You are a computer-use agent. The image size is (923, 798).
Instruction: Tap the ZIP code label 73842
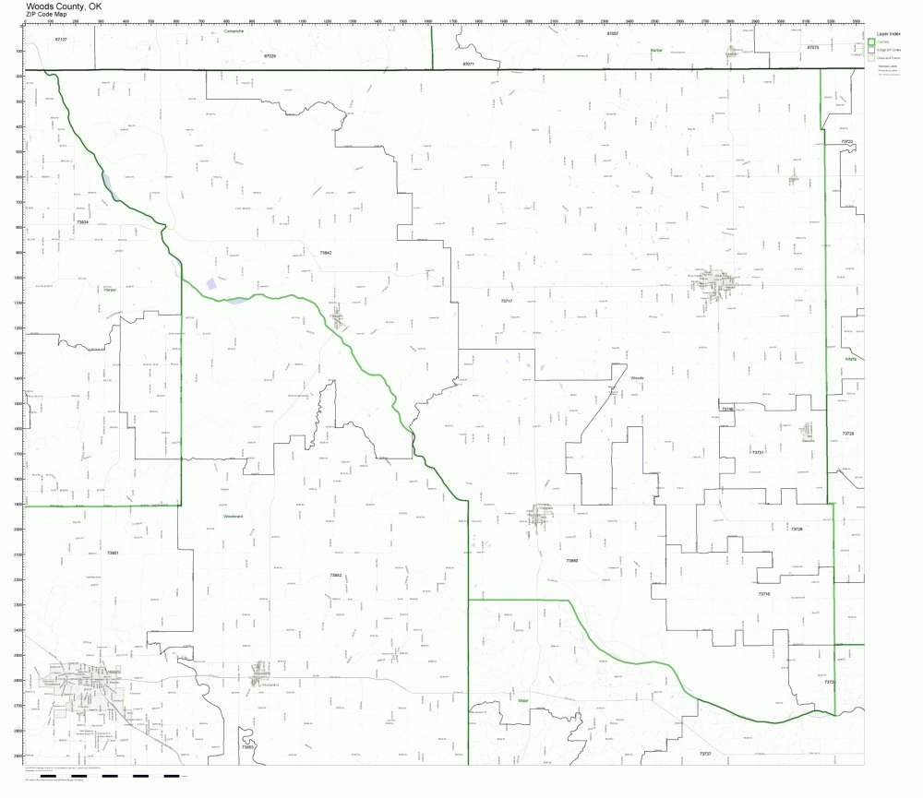(x=325, y=252)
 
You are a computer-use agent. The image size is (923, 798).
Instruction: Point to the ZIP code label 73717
(x=506, y=301)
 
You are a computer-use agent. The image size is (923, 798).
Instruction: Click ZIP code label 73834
(x=82, y=222)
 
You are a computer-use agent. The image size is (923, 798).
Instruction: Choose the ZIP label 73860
(x=572, y=560)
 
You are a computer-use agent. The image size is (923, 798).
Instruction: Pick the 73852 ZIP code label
(x=335, y=575)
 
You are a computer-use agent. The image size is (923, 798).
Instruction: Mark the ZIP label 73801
(x=113, y=553)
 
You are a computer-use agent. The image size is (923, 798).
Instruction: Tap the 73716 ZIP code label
(x=764, y=594)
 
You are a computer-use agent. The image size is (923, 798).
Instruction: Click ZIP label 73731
(x=758, y=452)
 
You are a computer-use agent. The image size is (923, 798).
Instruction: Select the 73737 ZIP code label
(x=704, y=754)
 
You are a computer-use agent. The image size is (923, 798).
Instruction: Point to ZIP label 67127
(x=61, y=40)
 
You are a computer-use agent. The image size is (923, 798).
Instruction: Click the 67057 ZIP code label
(x=613, y=33)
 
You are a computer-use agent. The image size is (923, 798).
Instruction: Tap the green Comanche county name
(x=234, y=30)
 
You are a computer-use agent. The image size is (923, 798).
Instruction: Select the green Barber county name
(x=656, y=49)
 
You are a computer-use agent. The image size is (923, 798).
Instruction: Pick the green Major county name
(x=522, y=700)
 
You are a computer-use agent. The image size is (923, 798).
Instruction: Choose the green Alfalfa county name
(x=850, y=359)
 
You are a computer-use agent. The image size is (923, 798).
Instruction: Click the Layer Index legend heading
(x=887, y=34)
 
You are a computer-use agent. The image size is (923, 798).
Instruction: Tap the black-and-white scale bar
(x=111, y=776)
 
